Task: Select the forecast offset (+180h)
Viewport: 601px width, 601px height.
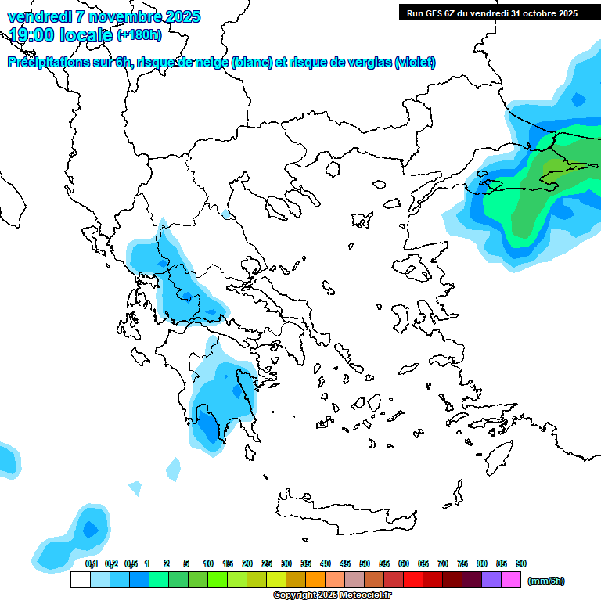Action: coord(139,34)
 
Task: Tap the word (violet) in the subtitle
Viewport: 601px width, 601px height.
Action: coord(416,63)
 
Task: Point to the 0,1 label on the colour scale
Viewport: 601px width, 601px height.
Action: coord(91,564)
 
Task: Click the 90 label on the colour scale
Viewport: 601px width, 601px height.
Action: coord(521,564)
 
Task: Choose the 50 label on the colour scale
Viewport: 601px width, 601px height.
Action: coord(365,564)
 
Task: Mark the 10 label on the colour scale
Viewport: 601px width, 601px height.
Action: coord(208,564)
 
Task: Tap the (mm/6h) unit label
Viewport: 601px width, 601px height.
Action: coord(545,581)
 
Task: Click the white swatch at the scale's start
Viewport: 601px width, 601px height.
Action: coord(80,580)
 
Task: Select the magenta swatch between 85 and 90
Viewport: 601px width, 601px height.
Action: coord(511,580)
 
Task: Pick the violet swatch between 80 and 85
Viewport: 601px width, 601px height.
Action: coord(491,580)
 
